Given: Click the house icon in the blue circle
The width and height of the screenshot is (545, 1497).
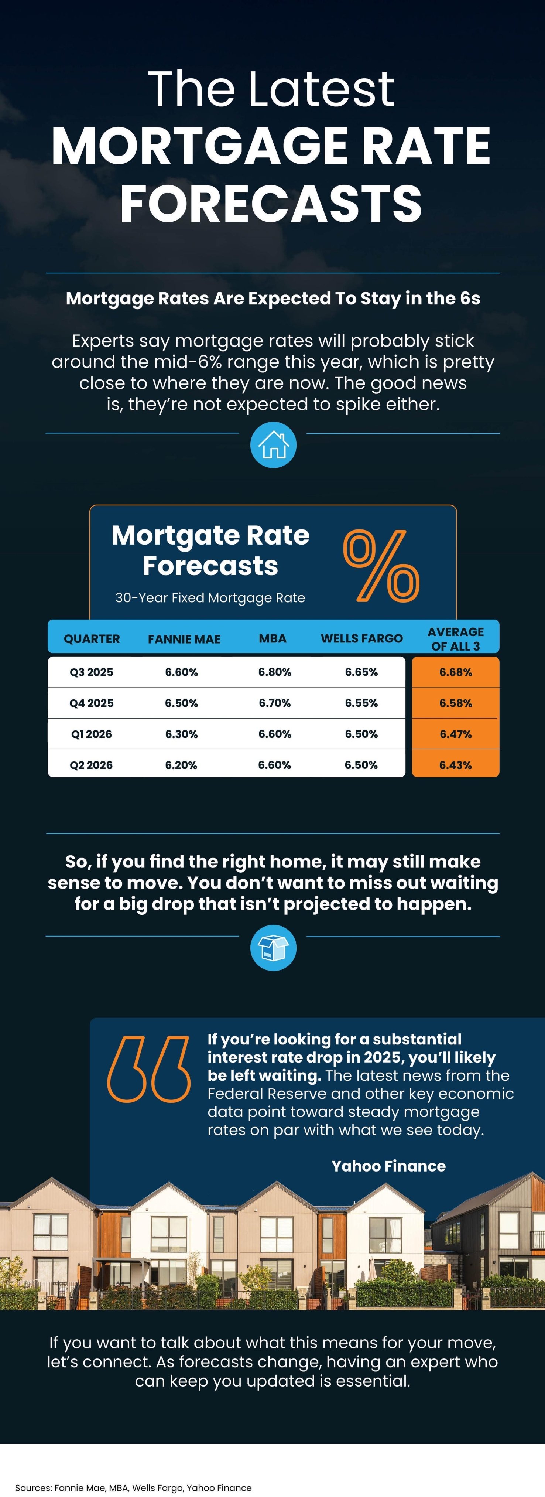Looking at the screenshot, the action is click(x=273, y=445).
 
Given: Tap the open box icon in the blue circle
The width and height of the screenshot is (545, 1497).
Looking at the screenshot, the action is click(x=273, y=948).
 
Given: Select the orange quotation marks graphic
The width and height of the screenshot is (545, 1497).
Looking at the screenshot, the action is click(x=149, y=1069).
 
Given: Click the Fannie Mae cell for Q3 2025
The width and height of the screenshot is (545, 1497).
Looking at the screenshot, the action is click(x=181, y=672).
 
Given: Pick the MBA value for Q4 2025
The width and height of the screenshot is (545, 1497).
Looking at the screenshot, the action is click(x=275, y=703).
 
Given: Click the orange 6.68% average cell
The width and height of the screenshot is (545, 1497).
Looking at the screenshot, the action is click(x=456, y=672).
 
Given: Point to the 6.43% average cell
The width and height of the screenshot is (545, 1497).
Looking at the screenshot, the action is click(x=456, y=765).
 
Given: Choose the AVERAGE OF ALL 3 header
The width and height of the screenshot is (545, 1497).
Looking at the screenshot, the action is click(x=456, y=639).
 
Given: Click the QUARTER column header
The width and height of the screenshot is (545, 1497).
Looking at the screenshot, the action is click(x=92, y=639).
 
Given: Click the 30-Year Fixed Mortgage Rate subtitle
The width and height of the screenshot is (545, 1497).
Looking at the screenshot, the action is click(x=210, y=598).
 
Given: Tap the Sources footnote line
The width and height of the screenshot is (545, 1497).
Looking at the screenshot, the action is click(x=133, y=1488).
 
